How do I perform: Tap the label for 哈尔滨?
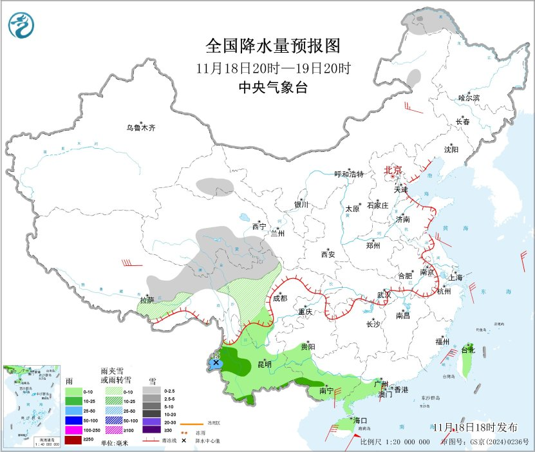[469, 98]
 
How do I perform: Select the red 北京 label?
[393, 170]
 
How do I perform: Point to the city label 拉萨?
[147, 300]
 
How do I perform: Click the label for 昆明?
[265, 364]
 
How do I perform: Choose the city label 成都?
[279, 298]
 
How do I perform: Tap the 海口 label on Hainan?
[359, 420]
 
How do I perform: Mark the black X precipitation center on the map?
[216, 363]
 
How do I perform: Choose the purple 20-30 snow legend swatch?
[152, 420]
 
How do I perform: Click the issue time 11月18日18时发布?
[474, 428]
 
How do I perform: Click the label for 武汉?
[384, 294]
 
